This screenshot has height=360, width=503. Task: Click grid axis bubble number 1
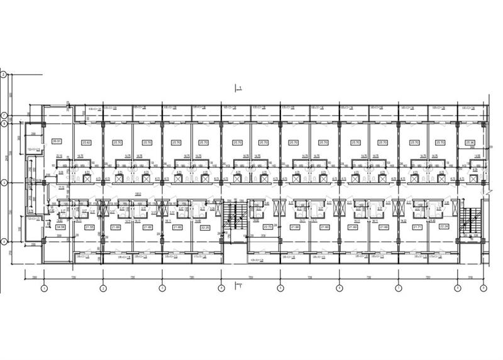coord(44,288)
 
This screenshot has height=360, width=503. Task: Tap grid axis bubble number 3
coord(162,288)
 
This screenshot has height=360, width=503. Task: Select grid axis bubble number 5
coord(280,288)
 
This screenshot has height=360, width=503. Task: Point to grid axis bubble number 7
coord(398,288)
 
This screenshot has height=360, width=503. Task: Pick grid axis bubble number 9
coord(483,288)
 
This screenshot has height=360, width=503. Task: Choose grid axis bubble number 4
coord(221,288)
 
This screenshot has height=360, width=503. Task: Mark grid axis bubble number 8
coord(457,288)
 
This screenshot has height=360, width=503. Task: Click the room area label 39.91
coord(56,141)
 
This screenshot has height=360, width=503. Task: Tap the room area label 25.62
coord(87,143)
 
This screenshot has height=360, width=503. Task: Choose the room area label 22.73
coord(267,227)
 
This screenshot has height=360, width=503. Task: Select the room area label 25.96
coord(470,143)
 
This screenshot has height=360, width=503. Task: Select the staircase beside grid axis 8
coord(469,220)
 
